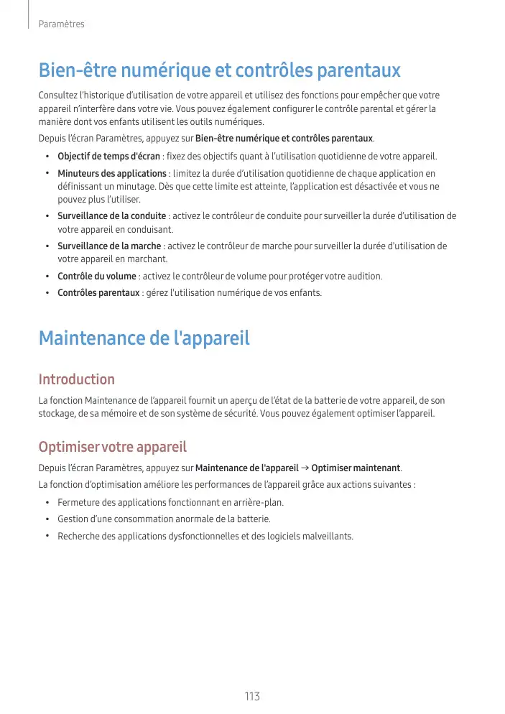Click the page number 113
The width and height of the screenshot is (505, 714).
(252, 697)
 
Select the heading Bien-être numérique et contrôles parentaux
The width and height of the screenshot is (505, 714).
(219, 71)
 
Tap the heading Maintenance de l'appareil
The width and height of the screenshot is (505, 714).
(144, 338)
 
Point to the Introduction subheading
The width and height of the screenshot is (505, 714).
(76, 379)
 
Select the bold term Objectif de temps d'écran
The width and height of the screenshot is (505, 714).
(108, 157)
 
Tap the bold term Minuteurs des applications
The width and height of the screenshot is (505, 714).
(112, 174)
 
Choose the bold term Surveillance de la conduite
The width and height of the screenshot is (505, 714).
(112, 216)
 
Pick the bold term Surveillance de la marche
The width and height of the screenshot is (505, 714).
(109, 246)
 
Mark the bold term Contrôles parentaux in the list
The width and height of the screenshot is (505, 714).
(98, 293)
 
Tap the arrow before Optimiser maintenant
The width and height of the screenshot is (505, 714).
(305, 468)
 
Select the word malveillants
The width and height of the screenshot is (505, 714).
(328, 537)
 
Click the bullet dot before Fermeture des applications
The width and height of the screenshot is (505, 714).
(47, 502)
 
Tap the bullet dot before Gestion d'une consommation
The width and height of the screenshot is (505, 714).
(47, 519)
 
